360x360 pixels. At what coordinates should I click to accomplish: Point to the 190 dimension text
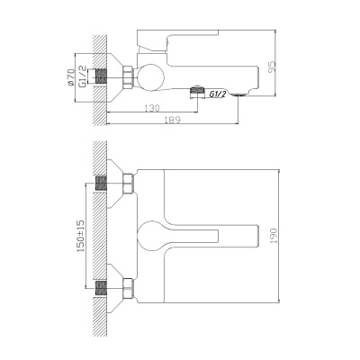(286, 233)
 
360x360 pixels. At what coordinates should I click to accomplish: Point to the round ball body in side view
(150, 76)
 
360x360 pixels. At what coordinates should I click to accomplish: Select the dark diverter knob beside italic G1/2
(195, 92)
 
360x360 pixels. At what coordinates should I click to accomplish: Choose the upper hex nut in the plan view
(128, 184)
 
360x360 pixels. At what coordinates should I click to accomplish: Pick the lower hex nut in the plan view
(128, 288)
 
